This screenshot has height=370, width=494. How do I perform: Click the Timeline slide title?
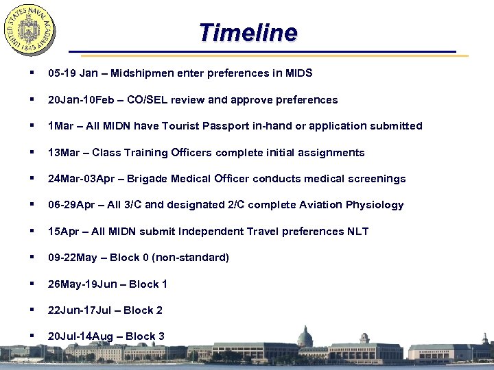(x=248, y=32)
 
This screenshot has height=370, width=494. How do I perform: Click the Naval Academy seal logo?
(x=30, y=31)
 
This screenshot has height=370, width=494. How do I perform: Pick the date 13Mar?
(x=64, y=152)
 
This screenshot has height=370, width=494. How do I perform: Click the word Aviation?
(x=318, y=205)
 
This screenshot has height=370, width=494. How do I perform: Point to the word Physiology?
(x=375, y=205)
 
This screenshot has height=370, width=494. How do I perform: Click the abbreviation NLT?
(x=357, y=232)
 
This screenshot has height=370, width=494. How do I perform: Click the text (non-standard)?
(x=191, y=258)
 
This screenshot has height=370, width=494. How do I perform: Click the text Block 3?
(x=145, y=336)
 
